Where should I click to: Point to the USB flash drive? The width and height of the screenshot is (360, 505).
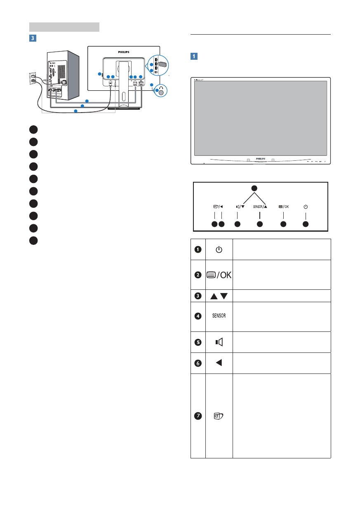(x=162, y=64)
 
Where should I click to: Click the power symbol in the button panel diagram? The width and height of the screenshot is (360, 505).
(x=306, y=207)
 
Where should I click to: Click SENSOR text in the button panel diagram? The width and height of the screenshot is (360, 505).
(x=258, y=207)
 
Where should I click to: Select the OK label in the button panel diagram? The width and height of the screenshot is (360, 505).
(x=286, y=207)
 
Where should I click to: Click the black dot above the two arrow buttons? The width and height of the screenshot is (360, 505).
(x=254, y=188)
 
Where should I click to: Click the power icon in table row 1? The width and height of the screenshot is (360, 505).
(x=219, y=249)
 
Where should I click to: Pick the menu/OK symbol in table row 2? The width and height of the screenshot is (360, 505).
(x=219, y=275)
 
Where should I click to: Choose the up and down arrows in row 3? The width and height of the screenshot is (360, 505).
(x=219, y=296)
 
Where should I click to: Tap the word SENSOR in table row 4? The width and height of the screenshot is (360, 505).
(x=219, y=316)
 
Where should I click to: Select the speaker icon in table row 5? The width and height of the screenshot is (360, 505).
(x=219, y=342)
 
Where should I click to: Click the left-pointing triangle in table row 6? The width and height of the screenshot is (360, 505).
(x=219, y=363)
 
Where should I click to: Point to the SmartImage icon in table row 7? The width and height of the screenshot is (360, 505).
(x=219, y=416)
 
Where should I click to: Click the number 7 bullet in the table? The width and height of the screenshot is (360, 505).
(x=198, y=416)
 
